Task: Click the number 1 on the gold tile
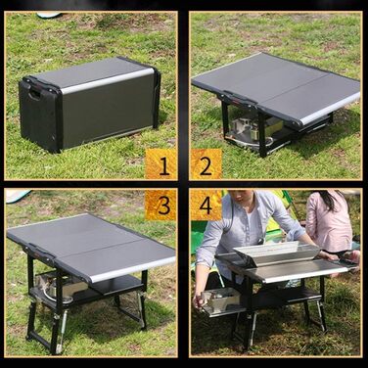point(163,164)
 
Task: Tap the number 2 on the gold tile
point(206,165)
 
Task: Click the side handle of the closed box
point(34,95)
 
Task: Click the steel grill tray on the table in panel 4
point(277,251)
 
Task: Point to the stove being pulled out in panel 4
point(220,300)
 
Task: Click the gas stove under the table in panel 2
point(248,130)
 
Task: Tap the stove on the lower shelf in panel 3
point(62,287)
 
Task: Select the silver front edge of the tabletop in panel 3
point(132,269)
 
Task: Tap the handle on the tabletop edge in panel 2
point(237,97)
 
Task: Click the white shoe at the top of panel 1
point(49,15)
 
